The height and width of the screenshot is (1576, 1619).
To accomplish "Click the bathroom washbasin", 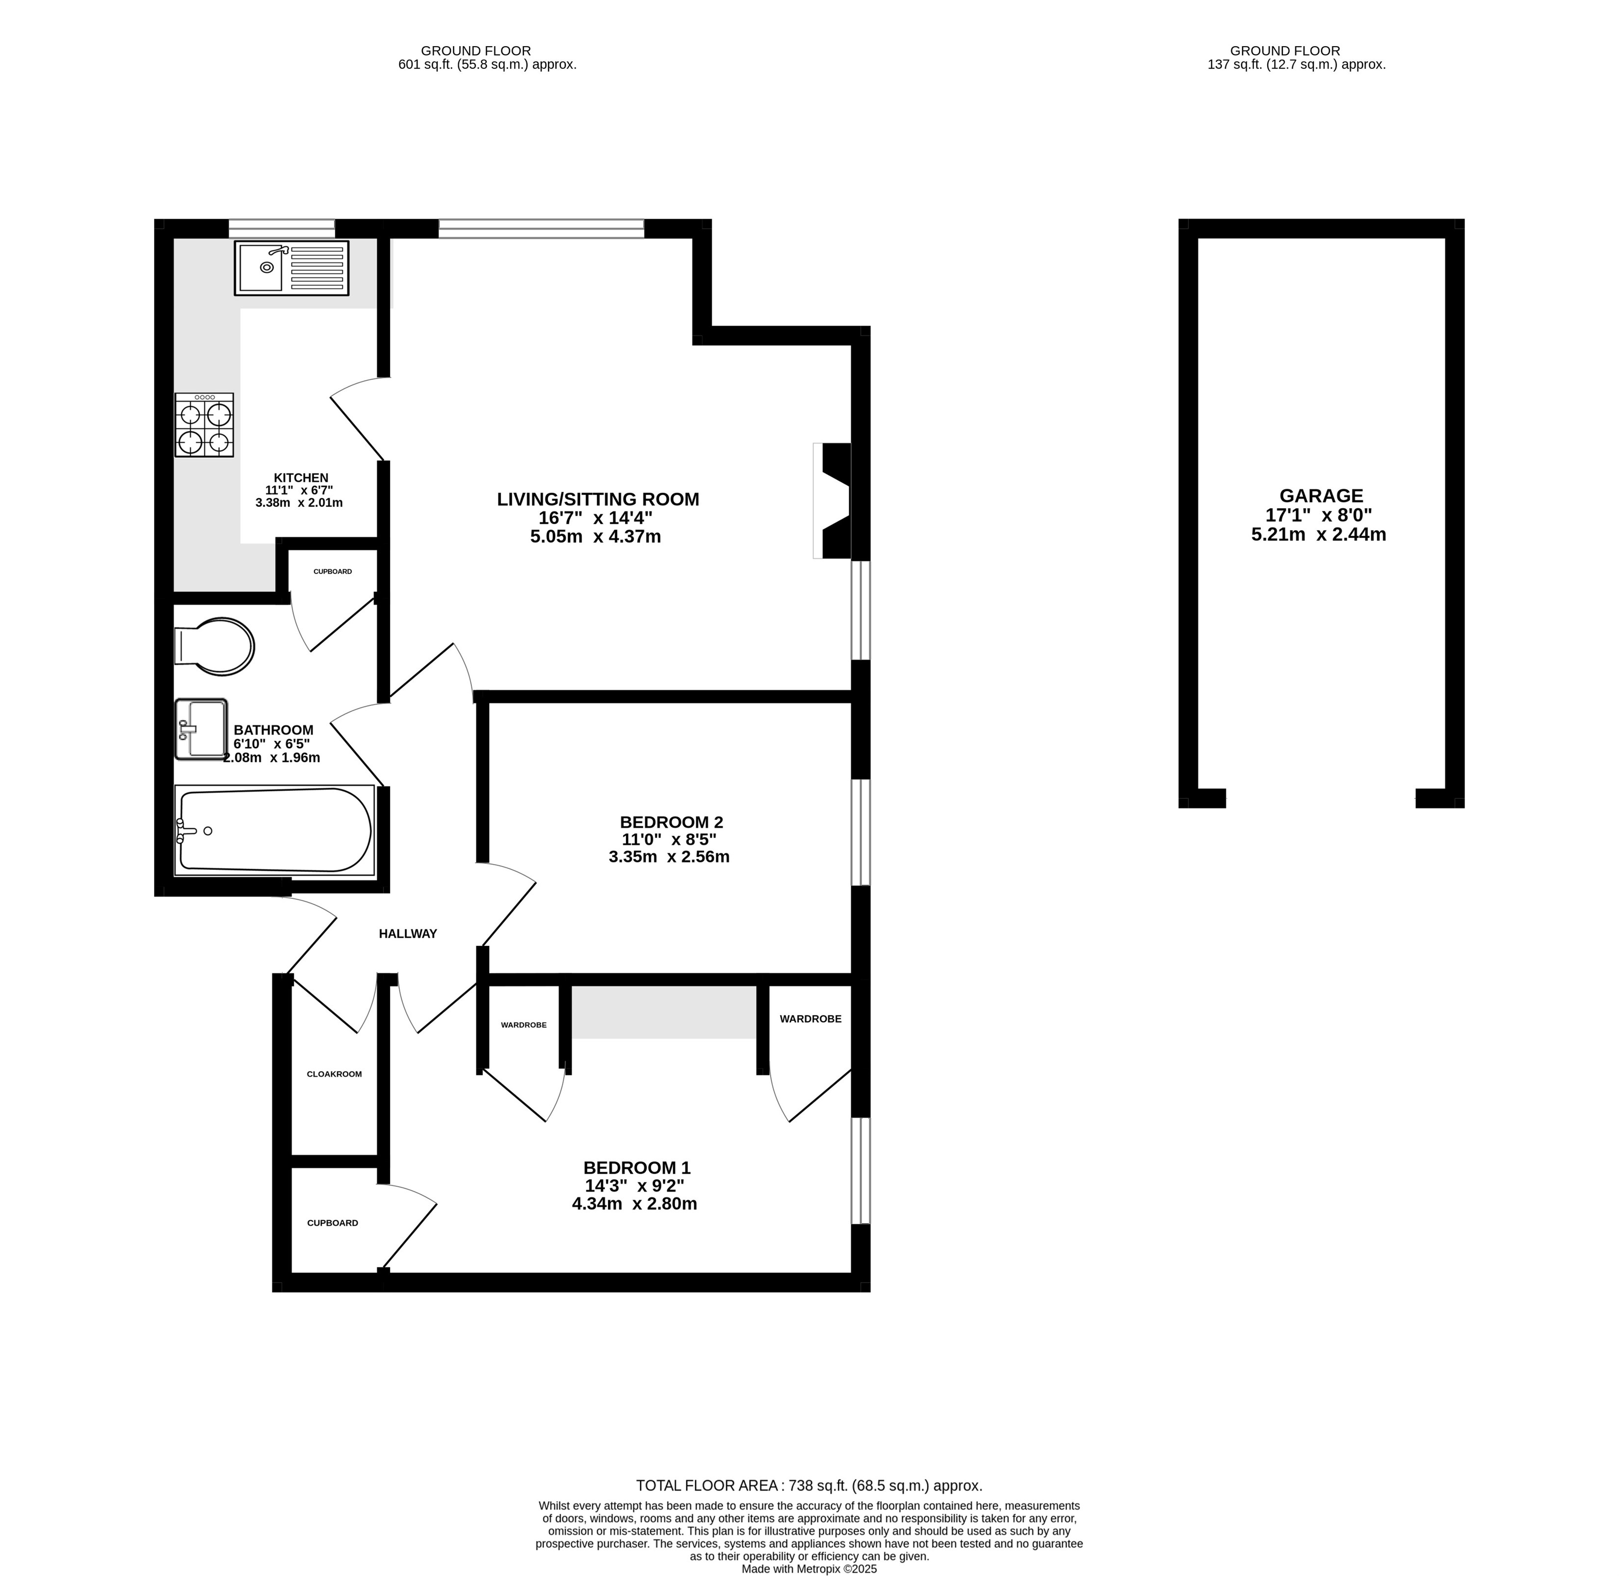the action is click(x=201, y=729).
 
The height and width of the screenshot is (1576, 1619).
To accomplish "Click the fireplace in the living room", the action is click(x=833, y=501).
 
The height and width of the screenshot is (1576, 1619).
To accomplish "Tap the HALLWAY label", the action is click(x=408, y=934).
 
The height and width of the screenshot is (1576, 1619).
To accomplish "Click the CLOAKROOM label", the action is click(x=335, y=1075).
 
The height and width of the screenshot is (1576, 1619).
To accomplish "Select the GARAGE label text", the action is click(x=1321, y=496).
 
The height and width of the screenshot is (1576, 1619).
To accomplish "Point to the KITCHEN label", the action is click(x=301, y=477).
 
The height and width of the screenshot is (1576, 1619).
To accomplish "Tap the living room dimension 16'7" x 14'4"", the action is click(x=596, y=518).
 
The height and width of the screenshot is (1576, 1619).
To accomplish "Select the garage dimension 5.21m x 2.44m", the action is click(x=1319, y=535).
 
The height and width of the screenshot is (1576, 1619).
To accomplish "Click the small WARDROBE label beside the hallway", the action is click(x=524, y=1024).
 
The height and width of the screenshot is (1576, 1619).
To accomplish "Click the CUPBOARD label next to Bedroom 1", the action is click(x=333, y=1223).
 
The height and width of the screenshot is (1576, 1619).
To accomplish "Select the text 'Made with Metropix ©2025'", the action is click(x=809, y=1569).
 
